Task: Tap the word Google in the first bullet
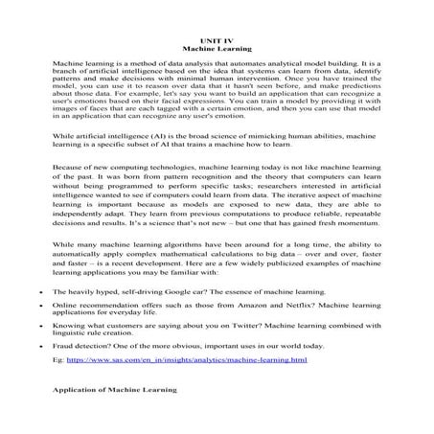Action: click(x=175, y=289)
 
